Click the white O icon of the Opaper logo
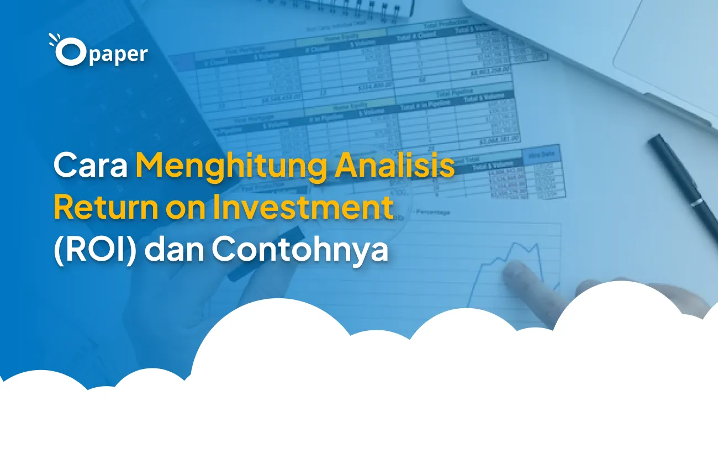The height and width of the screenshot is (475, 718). (x=70, y=54)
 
